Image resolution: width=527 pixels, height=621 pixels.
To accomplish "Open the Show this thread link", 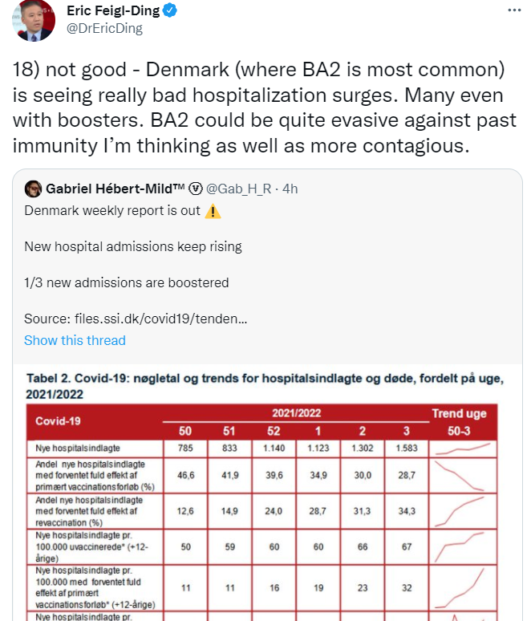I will coord(75,340).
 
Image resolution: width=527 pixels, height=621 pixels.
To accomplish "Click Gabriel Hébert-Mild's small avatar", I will coord(33,189).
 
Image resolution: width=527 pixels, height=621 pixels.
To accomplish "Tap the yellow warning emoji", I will coord(213,213).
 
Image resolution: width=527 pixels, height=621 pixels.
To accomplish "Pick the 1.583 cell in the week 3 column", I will coord(407,449).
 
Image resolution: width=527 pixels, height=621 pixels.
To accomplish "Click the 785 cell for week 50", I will coord(186,449).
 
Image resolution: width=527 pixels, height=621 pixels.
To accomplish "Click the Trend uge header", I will coord(460,414).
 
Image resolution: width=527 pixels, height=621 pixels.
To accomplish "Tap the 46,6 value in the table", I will coord(186,476).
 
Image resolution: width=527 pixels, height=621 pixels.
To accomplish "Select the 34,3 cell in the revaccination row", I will coord(407,511).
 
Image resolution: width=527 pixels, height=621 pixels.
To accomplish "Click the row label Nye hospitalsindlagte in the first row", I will coord(71,449).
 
